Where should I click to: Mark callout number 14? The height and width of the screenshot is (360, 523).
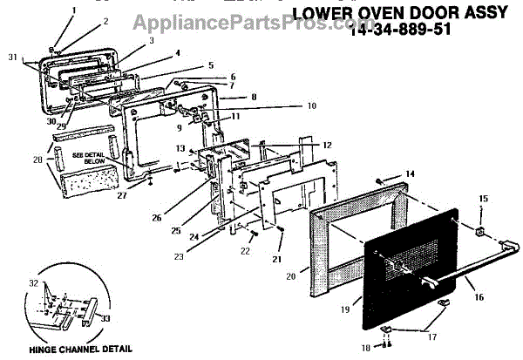(x=411, y=173)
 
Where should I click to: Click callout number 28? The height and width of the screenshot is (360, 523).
(x=37, y=160)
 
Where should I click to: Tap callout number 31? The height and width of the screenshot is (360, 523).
(x=12, y=57)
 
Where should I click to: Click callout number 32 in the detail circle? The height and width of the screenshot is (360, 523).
(x=34, y=284)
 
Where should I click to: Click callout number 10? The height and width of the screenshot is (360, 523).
(x=262, y=106)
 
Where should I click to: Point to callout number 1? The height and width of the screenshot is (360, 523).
(x=73, y=10)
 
